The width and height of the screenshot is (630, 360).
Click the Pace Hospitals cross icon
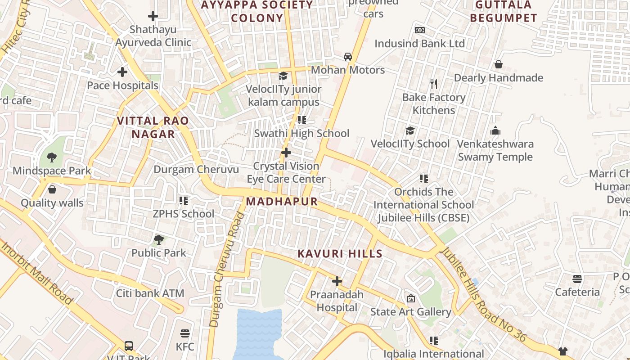(x=122, y=72)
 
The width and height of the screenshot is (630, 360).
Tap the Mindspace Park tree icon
(x=52, y=157)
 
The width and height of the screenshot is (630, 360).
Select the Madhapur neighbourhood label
(x=282, y=202)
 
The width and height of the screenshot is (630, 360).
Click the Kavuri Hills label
(x=340, y=254)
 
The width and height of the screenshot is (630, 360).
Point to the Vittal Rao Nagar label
(x=153, y=127)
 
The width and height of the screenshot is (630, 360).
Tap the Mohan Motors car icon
(x=348, y=57)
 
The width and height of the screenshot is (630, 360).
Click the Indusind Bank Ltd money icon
(x=420, y=30)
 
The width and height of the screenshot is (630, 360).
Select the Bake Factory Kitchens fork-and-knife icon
(x=434, y=84)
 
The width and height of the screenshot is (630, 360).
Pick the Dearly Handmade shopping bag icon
(x=498, y=64)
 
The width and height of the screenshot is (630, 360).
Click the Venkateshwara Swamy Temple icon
(x=495, y=131)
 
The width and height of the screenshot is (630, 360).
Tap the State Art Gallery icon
(x=411, y=298)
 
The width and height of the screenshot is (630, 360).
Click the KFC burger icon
(x=185, y=333)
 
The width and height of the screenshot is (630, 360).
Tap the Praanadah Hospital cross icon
(x=337, y=282)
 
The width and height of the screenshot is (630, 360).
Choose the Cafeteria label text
(x=577, y=292)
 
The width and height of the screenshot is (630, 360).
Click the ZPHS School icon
(x=184, y=200)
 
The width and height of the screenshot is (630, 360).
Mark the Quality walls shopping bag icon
(x=52, y=189)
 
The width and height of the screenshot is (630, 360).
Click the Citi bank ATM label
(x=150, y=293)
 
